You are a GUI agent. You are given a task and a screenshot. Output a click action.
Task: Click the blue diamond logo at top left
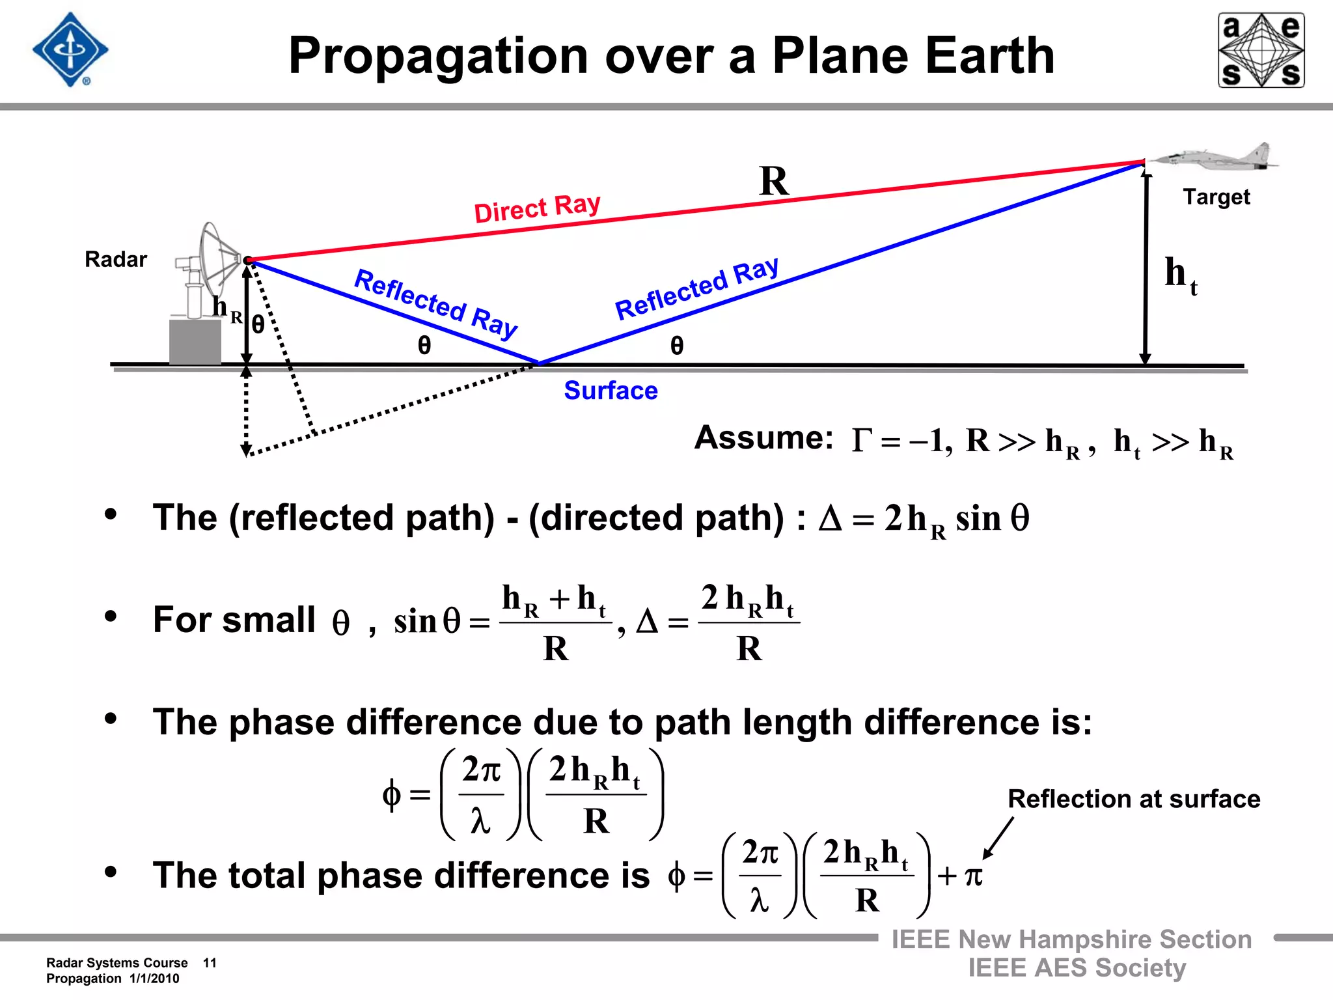[70, 50]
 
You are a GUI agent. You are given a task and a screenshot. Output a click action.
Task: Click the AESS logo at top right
[1261, 50]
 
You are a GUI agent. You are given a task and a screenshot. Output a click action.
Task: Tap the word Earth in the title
[989, 56]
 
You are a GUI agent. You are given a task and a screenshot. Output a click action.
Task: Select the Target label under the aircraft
[1216, 197]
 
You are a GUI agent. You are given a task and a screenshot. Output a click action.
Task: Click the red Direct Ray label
[537, 208]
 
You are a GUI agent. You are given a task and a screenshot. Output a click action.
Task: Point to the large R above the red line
[773, 181]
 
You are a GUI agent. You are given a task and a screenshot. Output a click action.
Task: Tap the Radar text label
[116, 260]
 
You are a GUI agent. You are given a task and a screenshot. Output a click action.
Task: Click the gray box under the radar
[195, 342]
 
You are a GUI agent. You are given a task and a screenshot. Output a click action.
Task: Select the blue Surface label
[611, 391]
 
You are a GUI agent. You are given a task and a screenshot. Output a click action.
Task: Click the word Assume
[763, 438]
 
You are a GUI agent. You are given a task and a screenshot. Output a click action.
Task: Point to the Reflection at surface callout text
[1133, 799]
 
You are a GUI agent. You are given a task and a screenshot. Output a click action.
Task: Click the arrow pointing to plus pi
[998, 839]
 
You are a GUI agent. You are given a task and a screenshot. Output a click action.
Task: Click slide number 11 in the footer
[210, 963]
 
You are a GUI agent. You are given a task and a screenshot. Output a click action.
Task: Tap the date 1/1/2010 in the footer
[154, 979]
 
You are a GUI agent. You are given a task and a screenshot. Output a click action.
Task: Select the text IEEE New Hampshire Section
[1071, 939]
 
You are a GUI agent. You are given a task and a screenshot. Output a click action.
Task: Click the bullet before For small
[111, 616]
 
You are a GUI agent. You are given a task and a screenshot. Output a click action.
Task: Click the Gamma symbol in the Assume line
[861, 441]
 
